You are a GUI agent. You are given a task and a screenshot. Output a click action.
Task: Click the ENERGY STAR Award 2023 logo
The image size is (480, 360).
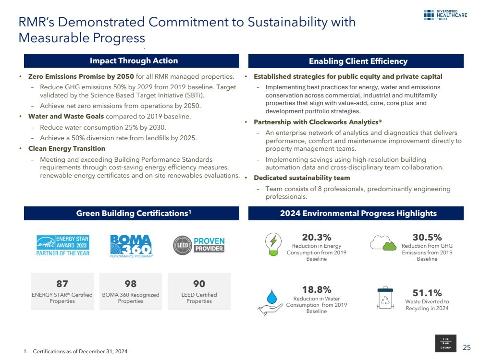(x=63, y=245)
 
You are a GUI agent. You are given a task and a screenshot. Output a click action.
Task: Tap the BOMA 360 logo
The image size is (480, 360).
(x=131, y=246)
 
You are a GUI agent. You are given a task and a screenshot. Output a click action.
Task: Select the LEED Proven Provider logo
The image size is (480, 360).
(x=198, y=245)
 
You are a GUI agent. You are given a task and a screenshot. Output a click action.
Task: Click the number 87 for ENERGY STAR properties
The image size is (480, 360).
(x=62, y=284)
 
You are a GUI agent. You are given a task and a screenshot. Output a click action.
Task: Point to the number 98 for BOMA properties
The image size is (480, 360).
(x=130, y=284)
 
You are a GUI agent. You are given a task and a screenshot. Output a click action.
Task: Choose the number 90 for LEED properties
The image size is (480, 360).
(x=199, y=284)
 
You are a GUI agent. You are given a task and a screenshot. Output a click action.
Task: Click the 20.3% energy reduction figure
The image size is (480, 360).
(x=316, y=237)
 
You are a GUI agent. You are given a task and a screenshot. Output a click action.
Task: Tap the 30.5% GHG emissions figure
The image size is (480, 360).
(x=427, y=237)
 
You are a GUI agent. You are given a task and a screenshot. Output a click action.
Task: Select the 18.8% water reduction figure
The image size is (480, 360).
(x=316, y=289)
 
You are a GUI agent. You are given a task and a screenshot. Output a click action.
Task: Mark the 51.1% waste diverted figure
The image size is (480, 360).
(x=427, y=293)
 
